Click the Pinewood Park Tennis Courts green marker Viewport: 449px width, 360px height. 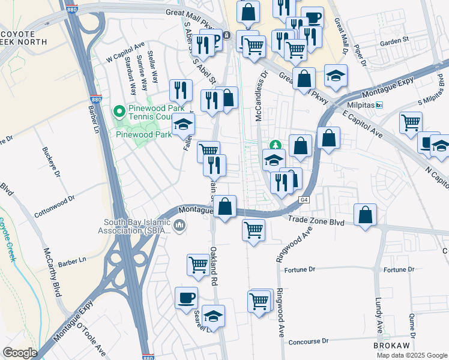click(119, 111)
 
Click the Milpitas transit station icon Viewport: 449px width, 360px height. click(379, 104)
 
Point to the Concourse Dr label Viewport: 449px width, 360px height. click(310, 341)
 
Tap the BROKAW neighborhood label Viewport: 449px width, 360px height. click(391, 347)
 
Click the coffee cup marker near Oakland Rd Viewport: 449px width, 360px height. click(186, 298)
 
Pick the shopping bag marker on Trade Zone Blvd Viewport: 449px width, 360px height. click(365, 215)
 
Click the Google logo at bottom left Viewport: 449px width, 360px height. click(20, 353)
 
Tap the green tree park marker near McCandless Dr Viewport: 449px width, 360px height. click(275, 145)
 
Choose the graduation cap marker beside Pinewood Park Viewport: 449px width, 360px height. click(183, 125)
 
